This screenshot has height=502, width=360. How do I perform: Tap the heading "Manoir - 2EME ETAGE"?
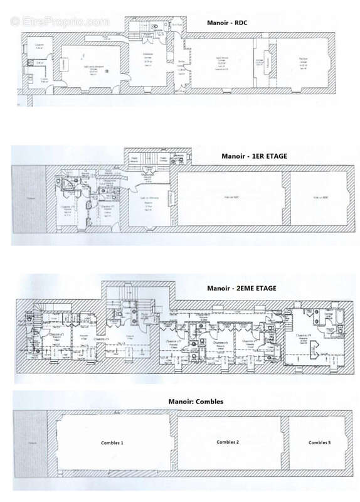(x=241, y=289)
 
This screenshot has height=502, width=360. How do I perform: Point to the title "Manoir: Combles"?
(x=195, y=400)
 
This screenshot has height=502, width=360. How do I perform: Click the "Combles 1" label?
(x=112, y=442)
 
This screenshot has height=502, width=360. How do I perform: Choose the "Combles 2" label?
(x=228, y=442)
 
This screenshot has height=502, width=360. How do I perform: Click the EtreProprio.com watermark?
(x=60, y=21)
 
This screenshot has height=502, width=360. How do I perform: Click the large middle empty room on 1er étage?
(x=231, y=198)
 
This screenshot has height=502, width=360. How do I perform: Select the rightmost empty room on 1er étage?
(x=319, y=198)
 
